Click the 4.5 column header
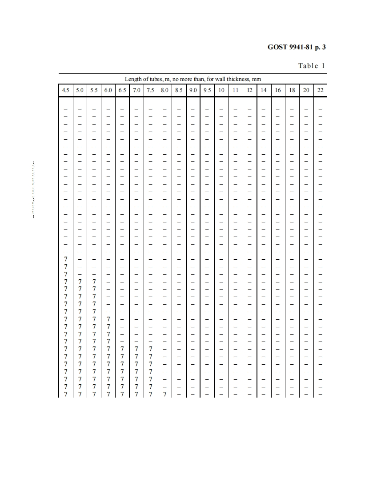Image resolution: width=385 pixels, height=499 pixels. (x=65, y=90)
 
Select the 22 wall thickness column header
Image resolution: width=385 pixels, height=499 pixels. (x=321, y=90)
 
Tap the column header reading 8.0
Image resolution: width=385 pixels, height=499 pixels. (x=164, y=90)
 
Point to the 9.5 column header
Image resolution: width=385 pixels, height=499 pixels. (x=207, y=90)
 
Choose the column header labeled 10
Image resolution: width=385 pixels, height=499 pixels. (x=221, y=90)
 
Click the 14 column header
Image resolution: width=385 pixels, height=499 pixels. (x=264, y=90)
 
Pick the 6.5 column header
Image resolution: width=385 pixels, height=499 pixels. (x=122, y=90)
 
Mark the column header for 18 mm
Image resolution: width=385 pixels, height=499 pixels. (x=292, y=90)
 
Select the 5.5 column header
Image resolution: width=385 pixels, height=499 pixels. (x=94, y=90)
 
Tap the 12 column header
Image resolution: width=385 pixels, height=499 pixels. (x=249, y=90)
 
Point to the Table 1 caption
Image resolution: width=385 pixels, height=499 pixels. (x=312, y=66)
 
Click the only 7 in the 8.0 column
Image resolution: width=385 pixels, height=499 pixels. (x=164, y=394)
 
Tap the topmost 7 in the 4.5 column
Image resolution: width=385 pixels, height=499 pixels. (x=65, y=259)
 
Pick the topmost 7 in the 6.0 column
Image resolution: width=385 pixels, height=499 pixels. (x=108, y=319)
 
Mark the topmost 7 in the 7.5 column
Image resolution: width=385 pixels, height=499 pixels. (x=151, y=349)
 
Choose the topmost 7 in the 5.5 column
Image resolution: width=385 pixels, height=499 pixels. (x=94, y=282)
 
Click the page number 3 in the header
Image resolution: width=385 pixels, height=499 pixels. (x=324, y=47)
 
